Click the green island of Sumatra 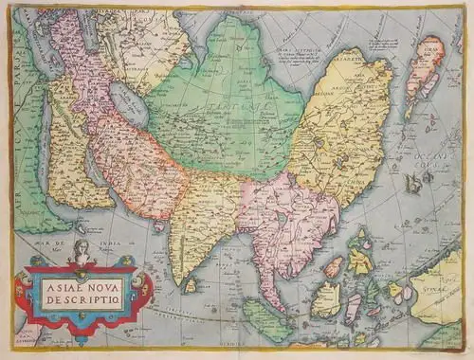265,317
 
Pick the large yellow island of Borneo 327,299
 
